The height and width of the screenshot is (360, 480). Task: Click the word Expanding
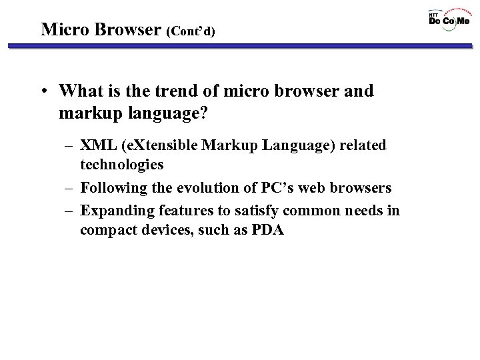(x=115, y=211)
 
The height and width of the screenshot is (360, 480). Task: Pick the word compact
(x=107, y=230)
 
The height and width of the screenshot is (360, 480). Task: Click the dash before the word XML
(x=69, y=145)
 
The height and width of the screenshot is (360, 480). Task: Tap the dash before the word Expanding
(x=69, y=211)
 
